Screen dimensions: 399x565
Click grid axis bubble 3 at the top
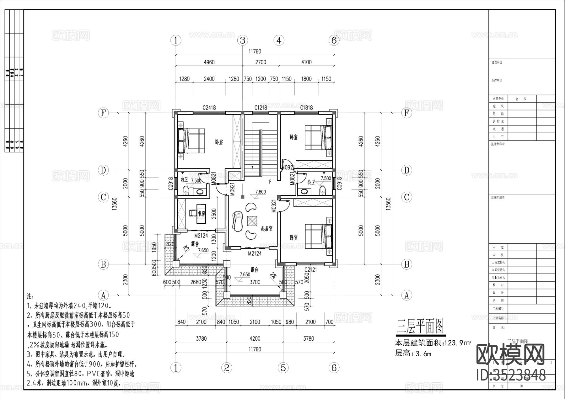242,40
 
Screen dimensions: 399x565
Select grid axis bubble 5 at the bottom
283,368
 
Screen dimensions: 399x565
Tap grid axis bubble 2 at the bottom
227,368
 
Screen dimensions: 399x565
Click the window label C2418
209,108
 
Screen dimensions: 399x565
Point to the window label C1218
261,108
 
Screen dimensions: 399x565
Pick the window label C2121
310,270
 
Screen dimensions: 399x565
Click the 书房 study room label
201,214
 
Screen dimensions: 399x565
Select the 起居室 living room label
266,229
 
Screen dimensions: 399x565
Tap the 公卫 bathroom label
311,182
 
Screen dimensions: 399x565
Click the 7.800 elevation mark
261,192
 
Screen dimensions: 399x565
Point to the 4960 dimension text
209,62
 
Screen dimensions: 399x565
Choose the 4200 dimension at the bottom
255,338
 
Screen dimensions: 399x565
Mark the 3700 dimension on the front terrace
255,282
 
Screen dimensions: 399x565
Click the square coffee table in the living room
252,221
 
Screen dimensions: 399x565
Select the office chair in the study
192,213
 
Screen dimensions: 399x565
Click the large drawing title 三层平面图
420,327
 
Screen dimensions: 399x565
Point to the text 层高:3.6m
413,354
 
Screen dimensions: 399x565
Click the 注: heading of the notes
30,296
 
